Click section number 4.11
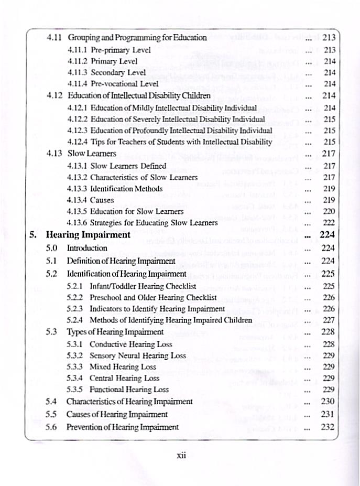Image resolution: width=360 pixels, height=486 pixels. pos(55,38)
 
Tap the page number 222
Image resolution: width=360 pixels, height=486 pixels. pos(329,223)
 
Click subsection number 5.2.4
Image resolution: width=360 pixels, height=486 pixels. pos(78,320)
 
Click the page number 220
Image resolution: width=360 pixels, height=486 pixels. pos(329,211)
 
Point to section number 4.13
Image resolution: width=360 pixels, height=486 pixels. pos(55,154)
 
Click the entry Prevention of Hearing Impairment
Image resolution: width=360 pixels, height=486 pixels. pos(123,427)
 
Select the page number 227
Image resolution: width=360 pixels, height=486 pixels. pos(329,320)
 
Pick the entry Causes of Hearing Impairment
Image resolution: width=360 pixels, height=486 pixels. pos(117,414)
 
